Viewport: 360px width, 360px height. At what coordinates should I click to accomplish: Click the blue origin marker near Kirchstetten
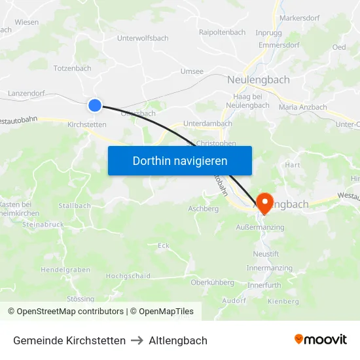(95, 105)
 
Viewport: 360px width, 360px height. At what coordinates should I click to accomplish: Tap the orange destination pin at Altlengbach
(265, 202)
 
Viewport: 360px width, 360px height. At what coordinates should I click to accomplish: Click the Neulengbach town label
(258, 79)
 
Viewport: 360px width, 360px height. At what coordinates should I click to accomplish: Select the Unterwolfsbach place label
(142, 39)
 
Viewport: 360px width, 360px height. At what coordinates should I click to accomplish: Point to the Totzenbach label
(72, 68)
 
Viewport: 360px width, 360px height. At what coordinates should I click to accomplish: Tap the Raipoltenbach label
(222, 32)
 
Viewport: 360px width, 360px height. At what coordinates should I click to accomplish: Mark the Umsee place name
(192, 71)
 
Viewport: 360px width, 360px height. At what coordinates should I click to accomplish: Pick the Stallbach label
(75, 206)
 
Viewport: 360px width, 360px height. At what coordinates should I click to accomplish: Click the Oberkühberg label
(212, 282)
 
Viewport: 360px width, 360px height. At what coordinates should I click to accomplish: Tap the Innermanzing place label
(268, 268)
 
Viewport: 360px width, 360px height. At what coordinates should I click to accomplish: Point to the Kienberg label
(283, 301)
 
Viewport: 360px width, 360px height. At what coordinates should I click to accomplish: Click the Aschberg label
(203, 209)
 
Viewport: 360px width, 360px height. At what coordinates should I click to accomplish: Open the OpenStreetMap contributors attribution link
(70, 312)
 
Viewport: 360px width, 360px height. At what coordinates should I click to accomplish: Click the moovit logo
(321, 340)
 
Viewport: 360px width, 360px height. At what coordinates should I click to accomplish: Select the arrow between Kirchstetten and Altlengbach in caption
(137, 340)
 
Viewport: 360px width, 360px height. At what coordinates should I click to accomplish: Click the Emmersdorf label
(279, 46)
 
